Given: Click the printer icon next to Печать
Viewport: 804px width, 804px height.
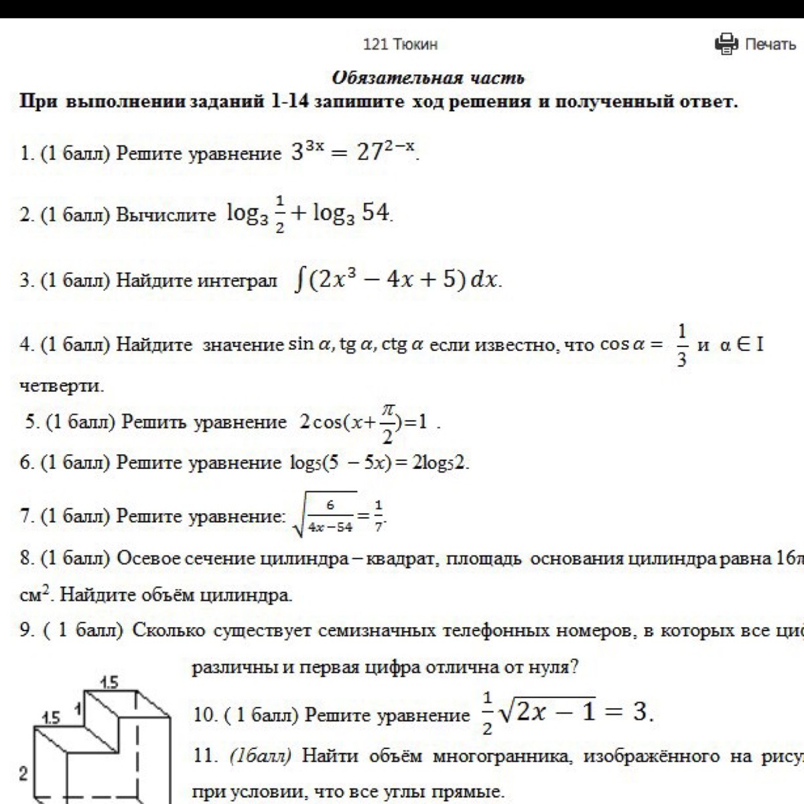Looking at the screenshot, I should click(726, 44).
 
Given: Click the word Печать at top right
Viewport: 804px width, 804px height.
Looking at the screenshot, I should click(770, 44).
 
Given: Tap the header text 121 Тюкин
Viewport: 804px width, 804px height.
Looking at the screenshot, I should click(400, 44).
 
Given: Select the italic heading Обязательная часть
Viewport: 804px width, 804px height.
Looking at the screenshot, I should click(428, 78).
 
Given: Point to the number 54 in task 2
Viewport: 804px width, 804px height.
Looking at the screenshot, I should click(375, 212).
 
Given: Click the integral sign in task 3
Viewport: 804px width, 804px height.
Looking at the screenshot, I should click(299, 279).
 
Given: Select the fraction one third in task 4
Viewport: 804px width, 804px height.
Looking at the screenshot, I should click(681, 346).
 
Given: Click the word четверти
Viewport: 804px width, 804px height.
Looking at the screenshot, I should click(62, 387).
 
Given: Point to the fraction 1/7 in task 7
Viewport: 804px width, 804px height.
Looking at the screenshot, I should click(379, 516).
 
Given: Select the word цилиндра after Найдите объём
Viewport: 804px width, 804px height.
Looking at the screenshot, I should click(257, 594).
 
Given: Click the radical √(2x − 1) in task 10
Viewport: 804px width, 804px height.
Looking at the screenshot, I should click(547, 711).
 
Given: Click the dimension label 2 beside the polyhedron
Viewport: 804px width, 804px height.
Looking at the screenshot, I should click(23, 775).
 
